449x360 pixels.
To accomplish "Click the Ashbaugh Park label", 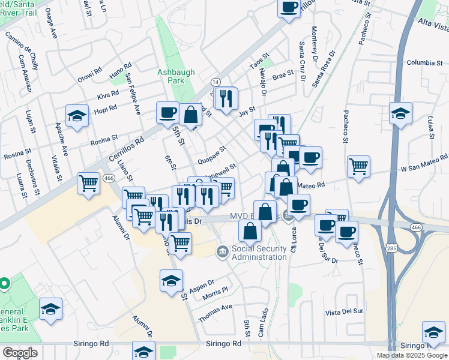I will (x=176, y=76).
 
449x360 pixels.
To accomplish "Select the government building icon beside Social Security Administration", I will (x=222, y=250).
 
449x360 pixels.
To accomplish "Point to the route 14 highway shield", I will (x=215, y=82).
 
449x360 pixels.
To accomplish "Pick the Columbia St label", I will (x=424, y=62).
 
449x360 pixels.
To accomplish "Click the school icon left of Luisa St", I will (x=400, y=112).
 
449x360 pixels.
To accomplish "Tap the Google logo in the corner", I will (x=20, y=353).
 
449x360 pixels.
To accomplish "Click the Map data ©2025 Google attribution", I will (x=412, y=355).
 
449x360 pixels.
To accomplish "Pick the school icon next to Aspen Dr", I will (x=171, y=280).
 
